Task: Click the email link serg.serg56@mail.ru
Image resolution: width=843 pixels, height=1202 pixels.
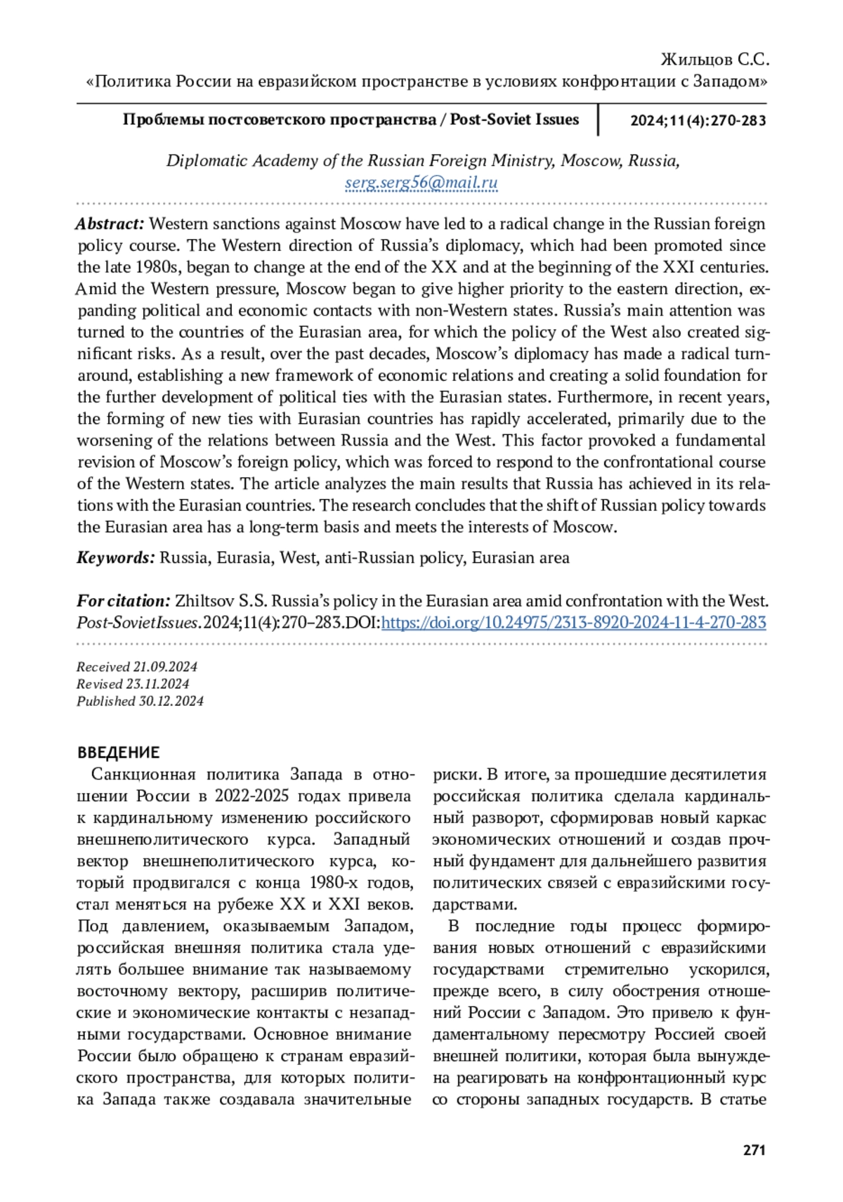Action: pyautogui.click(x=421, y=183)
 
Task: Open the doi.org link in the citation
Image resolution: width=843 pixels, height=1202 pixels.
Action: pyautogui.click(x=573, y=622)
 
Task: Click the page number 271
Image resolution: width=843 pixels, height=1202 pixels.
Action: pyautogui.click(x=754, y=1150)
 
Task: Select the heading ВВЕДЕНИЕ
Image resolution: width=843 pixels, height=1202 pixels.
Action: pyautogui.click(x=118, y=752)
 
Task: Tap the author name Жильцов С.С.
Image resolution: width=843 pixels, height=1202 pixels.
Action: pyautogui.click(x=715, y=59)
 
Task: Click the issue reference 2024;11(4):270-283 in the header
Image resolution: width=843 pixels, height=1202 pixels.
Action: pyautogui.click(x=698, y=120)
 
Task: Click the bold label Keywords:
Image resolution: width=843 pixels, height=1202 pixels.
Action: pyautogui.click(x=115, y=558)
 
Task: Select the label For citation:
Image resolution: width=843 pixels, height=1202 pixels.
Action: pyautogui.click(x=123, y=601)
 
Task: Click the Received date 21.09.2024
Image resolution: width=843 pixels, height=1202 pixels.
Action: pyautogui.click(x=165, y=666)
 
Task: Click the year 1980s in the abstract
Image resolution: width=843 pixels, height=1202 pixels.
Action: pyautogui.click(x=158, y=267)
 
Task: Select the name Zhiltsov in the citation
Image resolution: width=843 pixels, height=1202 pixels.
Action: pyautogui.click(x=204, y=601)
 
